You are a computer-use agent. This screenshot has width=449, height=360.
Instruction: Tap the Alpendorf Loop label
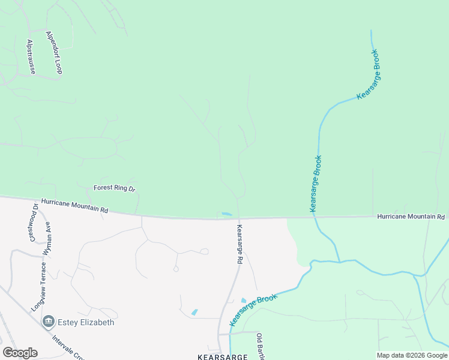(54, 53)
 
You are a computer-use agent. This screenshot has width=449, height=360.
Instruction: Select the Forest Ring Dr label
(115, 188)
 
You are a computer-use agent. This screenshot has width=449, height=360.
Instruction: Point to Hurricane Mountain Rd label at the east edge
(411, 216)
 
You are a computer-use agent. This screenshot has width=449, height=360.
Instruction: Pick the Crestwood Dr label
(34, 223)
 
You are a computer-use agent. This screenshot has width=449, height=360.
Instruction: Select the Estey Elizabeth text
(86, 322)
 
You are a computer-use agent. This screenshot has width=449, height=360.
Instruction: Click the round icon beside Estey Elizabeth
(49, 322)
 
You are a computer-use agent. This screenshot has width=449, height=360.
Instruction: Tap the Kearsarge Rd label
(240, 245)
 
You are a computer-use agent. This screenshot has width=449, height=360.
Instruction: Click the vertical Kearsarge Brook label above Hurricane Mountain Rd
(316, 184)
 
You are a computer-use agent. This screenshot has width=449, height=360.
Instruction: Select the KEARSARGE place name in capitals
(222, 356)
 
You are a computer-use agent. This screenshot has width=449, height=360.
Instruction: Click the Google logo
(20, 353)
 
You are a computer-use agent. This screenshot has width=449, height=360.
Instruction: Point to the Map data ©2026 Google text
(412, 355)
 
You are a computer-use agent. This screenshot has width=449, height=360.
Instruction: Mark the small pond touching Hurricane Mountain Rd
(226, 214)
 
